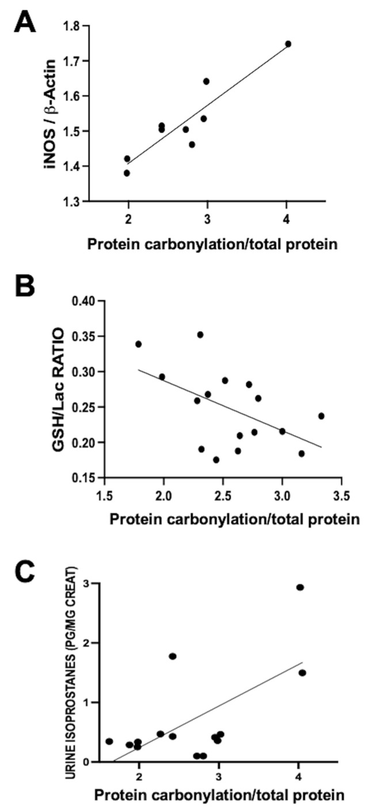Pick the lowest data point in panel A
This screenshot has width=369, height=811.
click(127, 173)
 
